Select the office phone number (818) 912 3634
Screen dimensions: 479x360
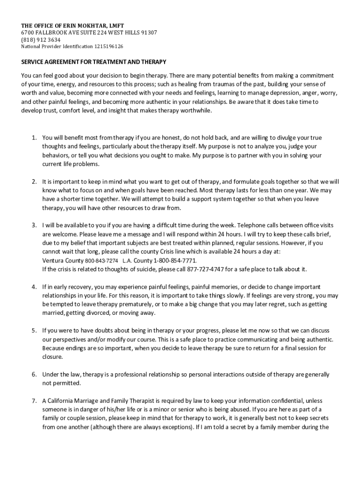pos(41,40)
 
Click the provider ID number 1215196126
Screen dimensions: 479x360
pos(109,47)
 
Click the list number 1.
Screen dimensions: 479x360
pos(34,138)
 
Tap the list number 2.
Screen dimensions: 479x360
pos(34,181)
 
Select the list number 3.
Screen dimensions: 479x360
pos(34,225)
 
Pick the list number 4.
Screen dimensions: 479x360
pos(34,287)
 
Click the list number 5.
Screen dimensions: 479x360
pos(34,330)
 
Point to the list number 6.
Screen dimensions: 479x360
pos(34,375)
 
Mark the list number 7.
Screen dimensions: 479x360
pos(34,401)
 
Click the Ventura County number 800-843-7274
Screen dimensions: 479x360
pos(101,261)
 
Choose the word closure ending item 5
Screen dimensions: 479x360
pos(51,357)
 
